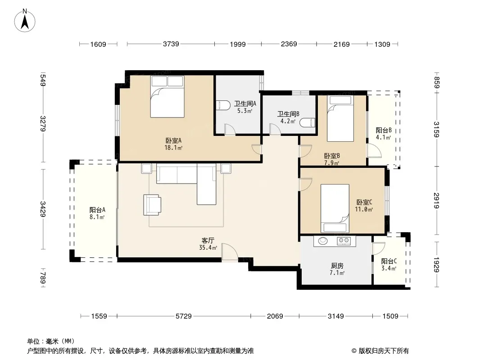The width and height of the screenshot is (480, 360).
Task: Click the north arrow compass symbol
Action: pos(25,21)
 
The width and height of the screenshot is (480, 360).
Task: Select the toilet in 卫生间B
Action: pos(308,122)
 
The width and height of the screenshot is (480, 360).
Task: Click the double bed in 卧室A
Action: pos(167,97)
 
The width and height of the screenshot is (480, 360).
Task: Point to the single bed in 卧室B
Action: pos(340,118)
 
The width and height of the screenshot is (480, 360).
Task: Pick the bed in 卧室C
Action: pos(335,208)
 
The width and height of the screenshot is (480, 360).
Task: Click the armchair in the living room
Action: pos(152,205)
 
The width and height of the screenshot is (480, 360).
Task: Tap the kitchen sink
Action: pos(323,241)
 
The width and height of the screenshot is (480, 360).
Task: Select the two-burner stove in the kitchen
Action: pos(344,241)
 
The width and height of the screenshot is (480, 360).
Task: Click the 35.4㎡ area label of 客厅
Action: pos(208,248)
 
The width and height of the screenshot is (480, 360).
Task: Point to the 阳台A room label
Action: pos(97,210)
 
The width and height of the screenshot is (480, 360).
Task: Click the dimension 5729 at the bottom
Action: pos(183,316)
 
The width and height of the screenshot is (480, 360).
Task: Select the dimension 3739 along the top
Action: pos(171,44)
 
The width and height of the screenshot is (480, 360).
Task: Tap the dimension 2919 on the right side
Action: pos(436,200)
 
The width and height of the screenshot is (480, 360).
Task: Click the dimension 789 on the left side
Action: pos(43,278)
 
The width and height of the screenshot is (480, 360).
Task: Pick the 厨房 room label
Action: pos(337,265)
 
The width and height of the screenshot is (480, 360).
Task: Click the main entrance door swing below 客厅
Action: pos(230,252)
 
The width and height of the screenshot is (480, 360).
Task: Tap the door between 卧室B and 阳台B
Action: pos(374,150)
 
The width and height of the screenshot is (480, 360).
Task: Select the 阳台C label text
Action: pos(389,261)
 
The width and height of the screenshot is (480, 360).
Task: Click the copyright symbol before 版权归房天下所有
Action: pos(354,351)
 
